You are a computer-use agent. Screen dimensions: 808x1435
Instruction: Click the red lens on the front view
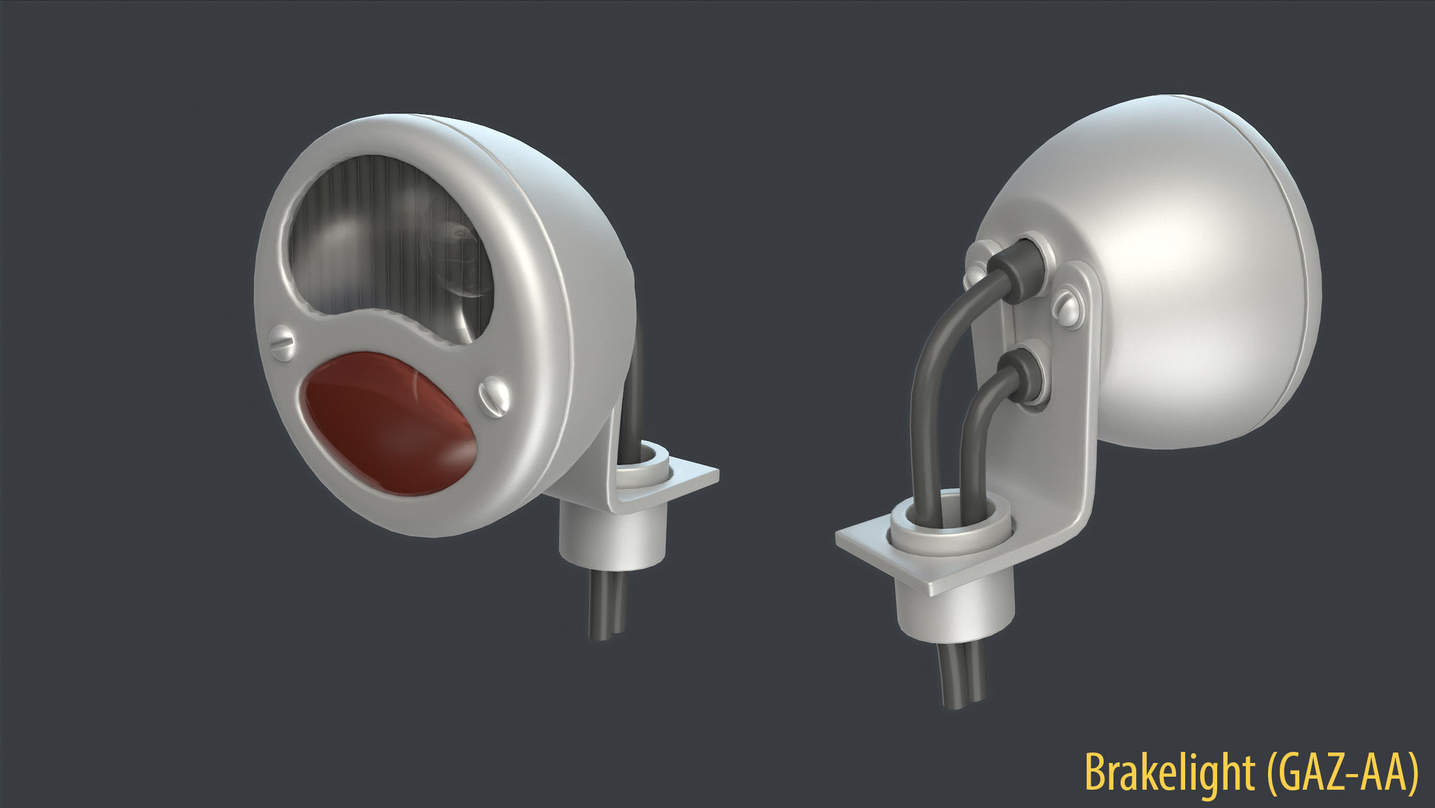(x=388, y=424)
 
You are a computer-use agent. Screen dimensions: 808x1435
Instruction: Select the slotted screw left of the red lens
(x=285, y=341)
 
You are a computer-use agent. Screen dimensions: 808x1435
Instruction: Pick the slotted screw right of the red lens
(x=494, y=394)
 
